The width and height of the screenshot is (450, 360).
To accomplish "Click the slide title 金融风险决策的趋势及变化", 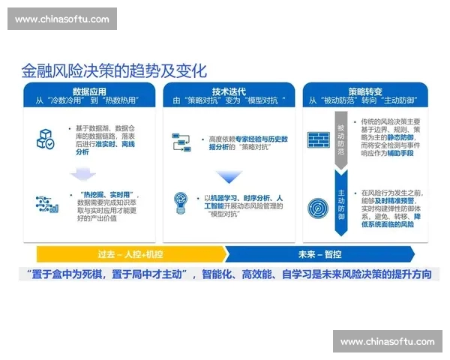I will click(113, 70).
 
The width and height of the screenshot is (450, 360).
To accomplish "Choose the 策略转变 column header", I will click(365, 88).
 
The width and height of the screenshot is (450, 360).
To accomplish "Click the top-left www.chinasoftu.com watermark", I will click(61, 19).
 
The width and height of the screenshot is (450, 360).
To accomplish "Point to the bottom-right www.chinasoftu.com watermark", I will click(387, 341).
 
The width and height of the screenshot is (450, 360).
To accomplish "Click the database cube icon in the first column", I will click(46, 139).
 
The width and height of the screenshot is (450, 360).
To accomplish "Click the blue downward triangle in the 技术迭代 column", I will click(226, 177).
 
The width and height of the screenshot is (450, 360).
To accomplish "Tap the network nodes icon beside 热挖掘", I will click(46, 204).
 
